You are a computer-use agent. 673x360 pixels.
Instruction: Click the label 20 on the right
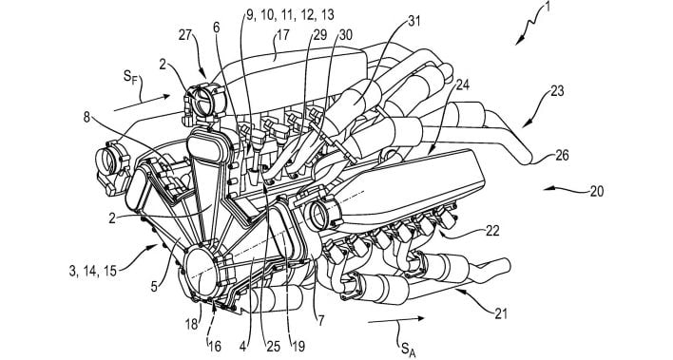click(x=595, y=190)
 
